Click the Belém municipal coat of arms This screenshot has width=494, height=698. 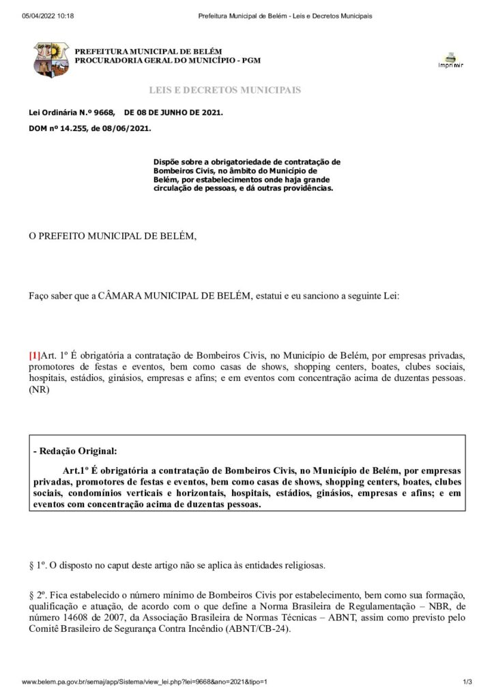51,59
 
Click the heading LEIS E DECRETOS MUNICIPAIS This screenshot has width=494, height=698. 224,90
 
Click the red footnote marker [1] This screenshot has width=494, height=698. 34,355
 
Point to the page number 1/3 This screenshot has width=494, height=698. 467,682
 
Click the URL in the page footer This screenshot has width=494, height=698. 144,682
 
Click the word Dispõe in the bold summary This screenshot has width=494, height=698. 168,162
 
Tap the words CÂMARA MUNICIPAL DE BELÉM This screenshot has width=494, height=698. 176,297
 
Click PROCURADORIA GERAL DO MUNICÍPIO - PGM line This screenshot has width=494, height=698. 167,61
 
